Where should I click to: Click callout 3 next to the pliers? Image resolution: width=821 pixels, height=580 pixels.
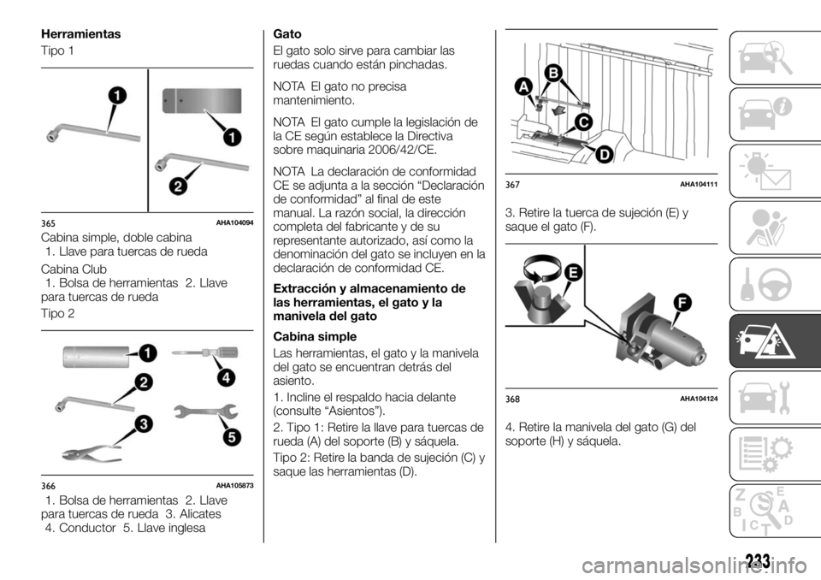click(145, 423)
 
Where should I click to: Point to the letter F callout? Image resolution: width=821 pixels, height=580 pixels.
click(683, 302)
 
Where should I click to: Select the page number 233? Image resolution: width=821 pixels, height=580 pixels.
click(756, 561)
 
